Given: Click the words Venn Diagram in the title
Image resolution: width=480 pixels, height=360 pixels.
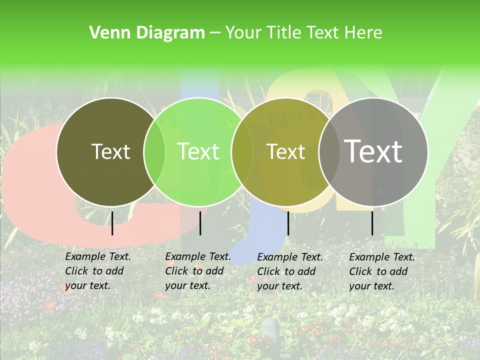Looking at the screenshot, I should pyautogui.click(x=147, y=33).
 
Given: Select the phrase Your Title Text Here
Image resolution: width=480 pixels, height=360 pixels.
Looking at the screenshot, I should pyautogui.click(x=303, y=33).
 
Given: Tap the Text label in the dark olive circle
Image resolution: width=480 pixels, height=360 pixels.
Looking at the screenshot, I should pyautogui.click(x=110, y=152).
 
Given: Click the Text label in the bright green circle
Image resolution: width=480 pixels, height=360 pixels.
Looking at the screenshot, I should pyautogui.click(x=198, y=152).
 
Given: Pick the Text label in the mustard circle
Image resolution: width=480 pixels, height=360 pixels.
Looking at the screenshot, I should pyautogui.click(x=286, y=152).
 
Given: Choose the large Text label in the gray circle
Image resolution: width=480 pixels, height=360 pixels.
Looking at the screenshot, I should pyautogui.click(x=373, y=151).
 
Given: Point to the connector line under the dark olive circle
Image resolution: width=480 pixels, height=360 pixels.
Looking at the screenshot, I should pyautogui.click(x=112, y=223).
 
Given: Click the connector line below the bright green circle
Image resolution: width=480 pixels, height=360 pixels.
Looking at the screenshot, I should pyautogui.click(x=200, y=223).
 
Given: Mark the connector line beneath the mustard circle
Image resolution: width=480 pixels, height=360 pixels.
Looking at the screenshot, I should pyautogui.click(x=288, y=223).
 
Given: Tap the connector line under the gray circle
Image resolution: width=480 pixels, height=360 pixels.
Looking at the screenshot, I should pyautogui.click(x=372, y=223).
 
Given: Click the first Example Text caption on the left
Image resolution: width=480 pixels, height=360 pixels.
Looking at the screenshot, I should pyautogui.click(x=98, y=271).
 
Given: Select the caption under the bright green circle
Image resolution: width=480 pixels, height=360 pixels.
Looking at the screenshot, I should pyautogui.click(x=198, y=271).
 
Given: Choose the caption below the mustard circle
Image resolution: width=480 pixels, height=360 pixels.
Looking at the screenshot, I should pyautogui.click(x=290, y=271).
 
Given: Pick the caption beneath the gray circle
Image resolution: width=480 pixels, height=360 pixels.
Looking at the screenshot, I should pyautogui.click(x=382, y=271).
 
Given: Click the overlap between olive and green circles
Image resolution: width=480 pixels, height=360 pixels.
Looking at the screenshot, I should pyautogui.click(x=154, y=152).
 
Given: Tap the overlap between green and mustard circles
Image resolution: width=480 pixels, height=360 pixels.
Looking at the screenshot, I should pyautogui.click(x=242, y=152).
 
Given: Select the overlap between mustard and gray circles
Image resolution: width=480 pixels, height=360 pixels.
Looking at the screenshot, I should pyautogui.click(x=329, y=152).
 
